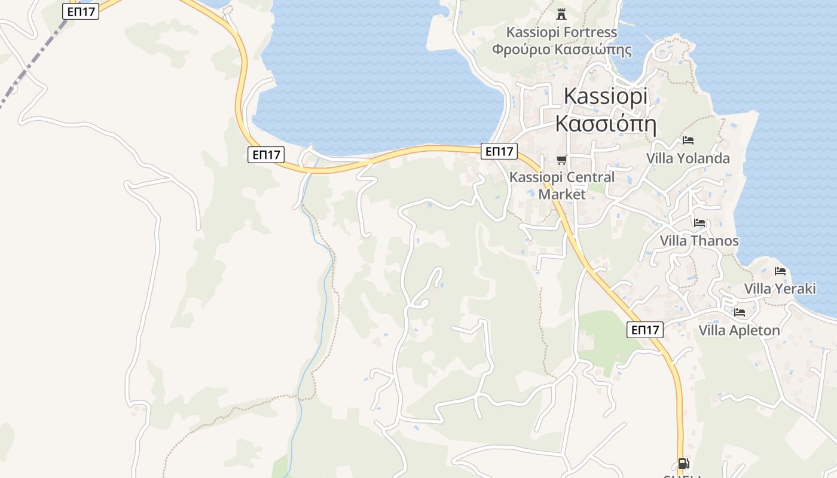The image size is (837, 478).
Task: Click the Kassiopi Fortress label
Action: pos(561,32)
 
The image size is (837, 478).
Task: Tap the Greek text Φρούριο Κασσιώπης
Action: pos(561,49)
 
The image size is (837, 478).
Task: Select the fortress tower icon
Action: pos(561,14)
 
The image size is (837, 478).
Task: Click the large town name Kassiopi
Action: pos(606,96)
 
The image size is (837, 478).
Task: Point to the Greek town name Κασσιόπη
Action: pos(606,124)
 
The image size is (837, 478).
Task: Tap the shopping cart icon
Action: pos(561,160)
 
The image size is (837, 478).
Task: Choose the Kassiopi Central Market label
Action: pos(561,185)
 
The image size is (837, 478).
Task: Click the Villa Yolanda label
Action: pos(688,158)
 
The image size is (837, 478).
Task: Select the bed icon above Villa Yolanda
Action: pos(688,140)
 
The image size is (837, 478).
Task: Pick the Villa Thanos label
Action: pos(699,241)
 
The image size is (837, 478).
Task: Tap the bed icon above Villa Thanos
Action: pos(699,223)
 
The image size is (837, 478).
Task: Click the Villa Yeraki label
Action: pos(780,289)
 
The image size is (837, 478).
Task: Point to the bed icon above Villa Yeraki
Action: pos(780,271)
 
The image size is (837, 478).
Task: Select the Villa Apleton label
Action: pos(739,330)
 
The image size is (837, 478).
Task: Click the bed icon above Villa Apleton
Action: pos(740,312)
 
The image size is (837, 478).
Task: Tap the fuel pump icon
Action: pos(683,464)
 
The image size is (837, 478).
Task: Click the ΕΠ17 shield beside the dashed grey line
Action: pos(81,11)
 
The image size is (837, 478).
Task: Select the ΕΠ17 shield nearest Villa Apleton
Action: pos(645,329)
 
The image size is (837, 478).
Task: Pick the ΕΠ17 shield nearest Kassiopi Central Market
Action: pos(499,151)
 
